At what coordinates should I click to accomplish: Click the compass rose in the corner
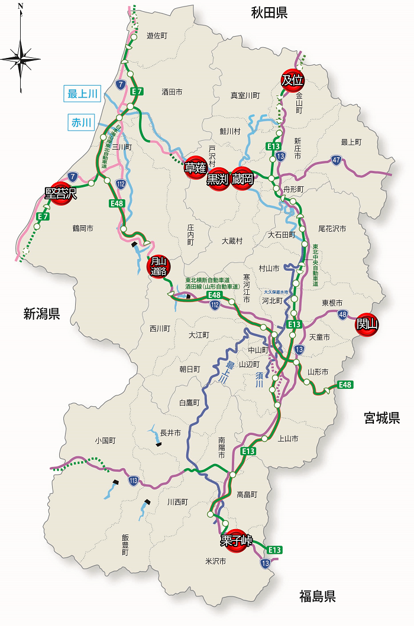[x=21, y=58]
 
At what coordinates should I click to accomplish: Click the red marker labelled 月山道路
[x=158, y=267]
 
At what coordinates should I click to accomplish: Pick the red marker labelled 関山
[x=367, y=324]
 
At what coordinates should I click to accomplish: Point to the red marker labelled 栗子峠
[x=237, y=540]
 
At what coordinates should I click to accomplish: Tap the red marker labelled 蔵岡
[x=242, y=179]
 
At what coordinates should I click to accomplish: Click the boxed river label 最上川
[x=83, y=93]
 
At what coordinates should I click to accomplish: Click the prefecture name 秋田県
[x=269, y=12]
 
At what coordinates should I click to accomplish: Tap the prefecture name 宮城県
[x=382, y=418]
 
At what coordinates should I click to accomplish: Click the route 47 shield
[x=335, y=160]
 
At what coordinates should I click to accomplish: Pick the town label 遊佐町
[x=157, y=36]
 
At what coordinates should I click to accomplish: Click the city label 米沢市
[x=216, y=561]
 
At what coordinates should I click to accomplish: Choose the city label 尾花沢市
[x=332, y=228]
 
